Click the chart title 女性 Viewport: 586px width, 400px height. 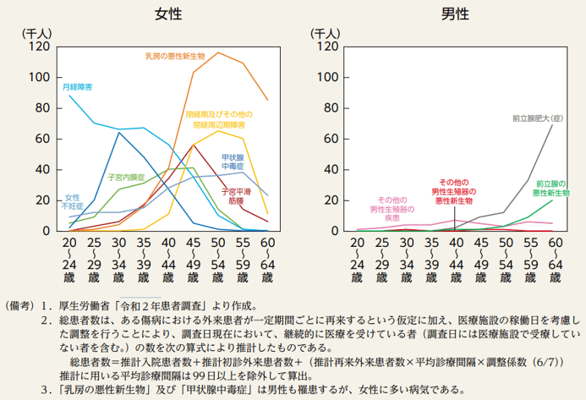click(x=166, y=14)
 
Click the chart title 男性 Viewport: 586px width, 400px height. click(x=455, y=14)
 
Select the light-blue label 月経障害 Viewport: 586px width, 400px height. click(x=78, y=86)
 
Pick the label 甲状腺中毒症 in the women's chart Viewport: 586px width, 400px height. click(x=236, y=162)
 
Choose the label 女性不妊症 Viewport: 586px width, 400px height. click(x=73, y=201)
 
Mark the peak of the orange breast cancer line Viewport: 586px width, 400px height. click(x=218, y=52)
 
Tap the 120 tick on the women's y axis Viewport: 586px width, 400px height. click(x=37, y=47)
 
